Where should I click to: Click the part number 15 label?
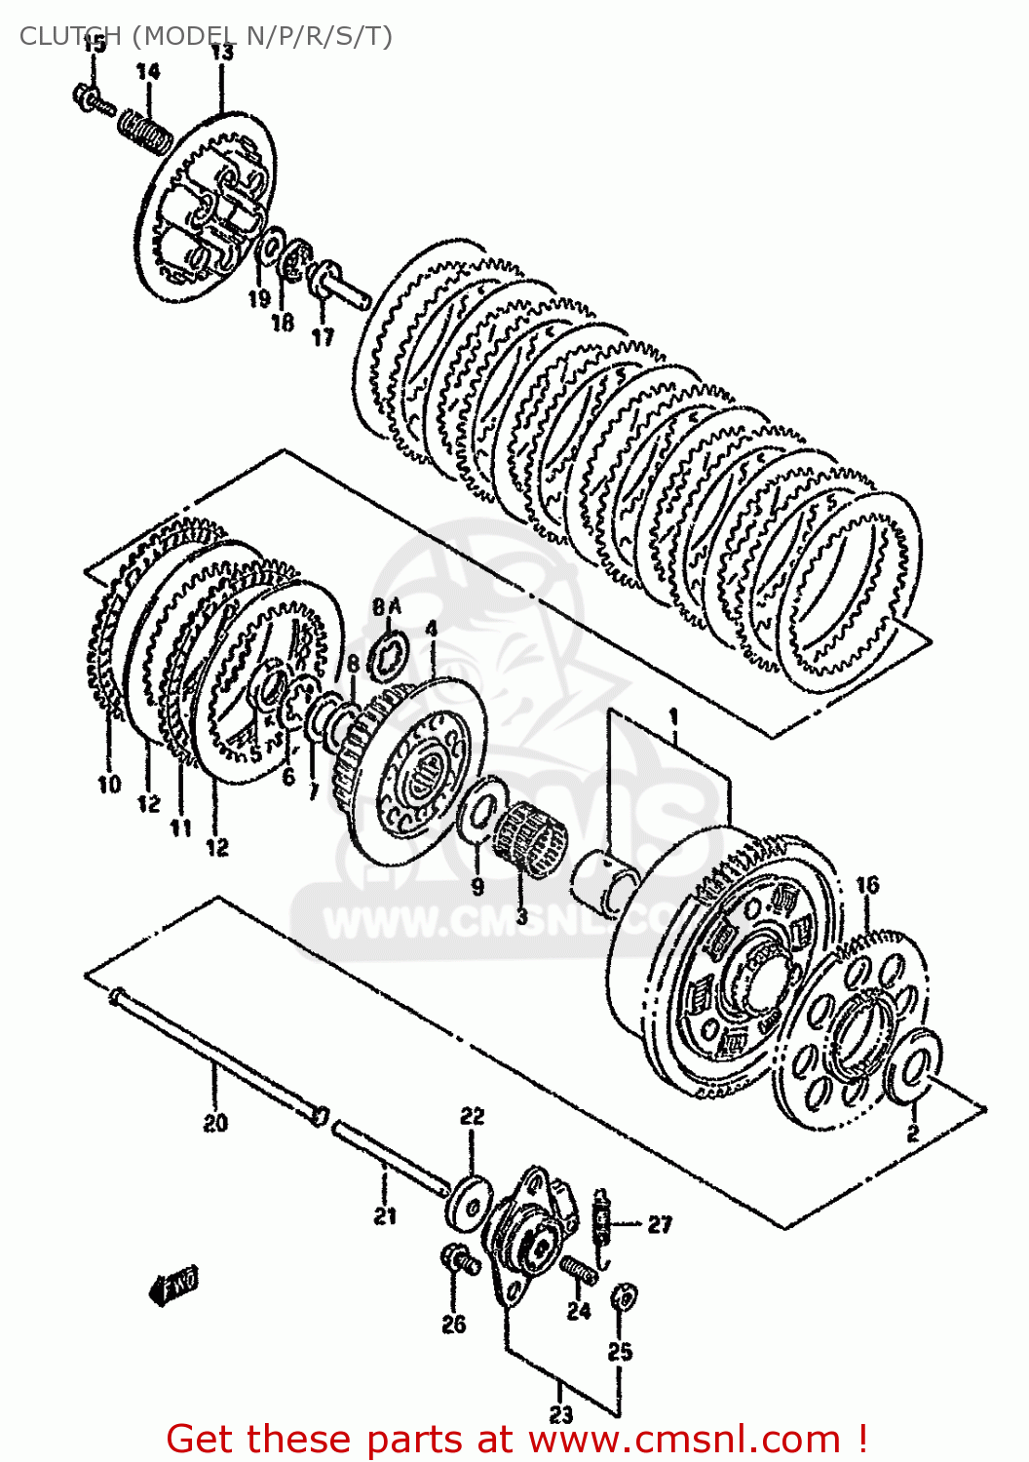click(x=94, y=44)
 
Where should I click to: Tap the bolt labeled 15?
click(x=92, y=99)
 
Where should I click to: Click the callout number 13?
click(x=222, y=52)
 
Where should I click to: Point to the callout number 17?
click(x=323, y=336)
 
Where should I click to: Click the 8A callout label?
click(x=386, y=607)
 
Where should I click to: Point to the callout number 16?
click(x=867, y=884)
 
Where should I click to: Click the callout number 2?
click(x=913, y=1133)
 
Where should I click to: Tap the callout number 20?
click(x=215, y=1123)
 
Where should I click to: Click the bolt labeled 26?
click(x=458, y=1261)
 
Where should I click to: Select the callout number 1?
click(x=672, y=718)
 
